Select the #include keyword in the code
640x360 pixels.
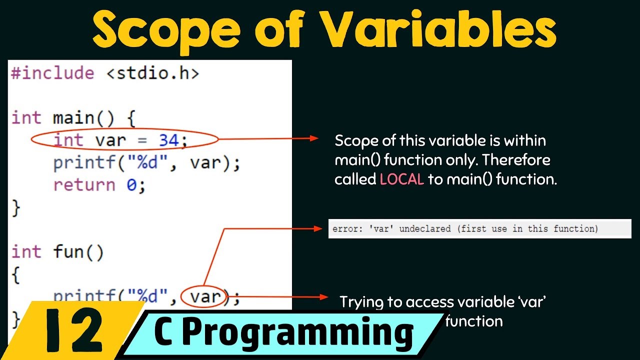pyautogui.click(x=52, y=73)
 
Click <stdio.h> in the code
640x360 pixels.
pyautogui.click(x=152, y=73)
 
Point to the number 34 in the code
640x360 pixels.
pyautogui.click(x=168, y=140)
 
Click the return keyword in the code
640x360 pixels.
pyautogui.click(x=84, y=185)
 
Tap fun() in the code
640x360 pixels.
pyautogui.click(x=78, y=251)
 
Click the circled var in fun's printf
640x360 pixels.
pyautogui.click(x=205, y=296)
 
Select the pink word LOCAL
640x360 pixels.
pyautogui.click(x=401, y=180)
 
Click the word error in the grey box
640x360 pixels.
pyautogui.click(x=344, y=229)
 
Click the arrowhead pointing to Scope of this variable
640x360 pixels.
pyautogui.click(x=314, y=138)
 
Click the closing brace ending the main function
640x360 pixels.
pyautogui.click(x=15, y=207)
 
